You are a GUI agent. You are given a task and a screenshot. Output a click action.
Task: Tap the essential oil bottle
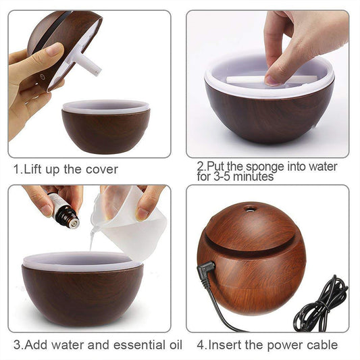[x=65, y=212]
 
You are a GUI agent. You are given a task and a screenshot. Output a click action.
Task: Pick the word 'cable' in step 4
[x=320, y=345]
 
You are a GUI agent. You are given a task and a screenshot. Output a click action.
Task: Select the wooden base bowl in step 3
[x=82, y=293]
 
